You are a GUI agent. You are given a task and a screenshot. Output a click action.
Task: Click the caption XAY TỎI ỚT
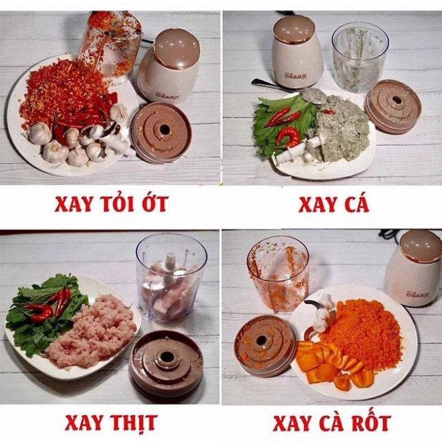pos(111,204)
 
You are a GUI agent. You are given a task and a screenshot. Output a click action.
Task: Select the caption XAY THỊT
pos(111,423)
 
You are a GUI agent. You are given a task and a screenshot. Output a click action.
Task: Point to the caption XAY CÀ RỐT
pos(332,423)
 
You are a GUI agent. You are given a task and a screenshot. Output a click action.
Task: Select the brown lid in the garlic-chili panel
pos(161,132)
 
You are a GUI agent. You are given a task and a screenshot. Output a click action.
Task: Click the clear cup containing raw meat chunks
pos(171,277)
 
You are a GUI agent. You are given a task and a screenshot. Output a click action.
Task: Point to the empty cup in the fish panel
pos(359,58)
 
